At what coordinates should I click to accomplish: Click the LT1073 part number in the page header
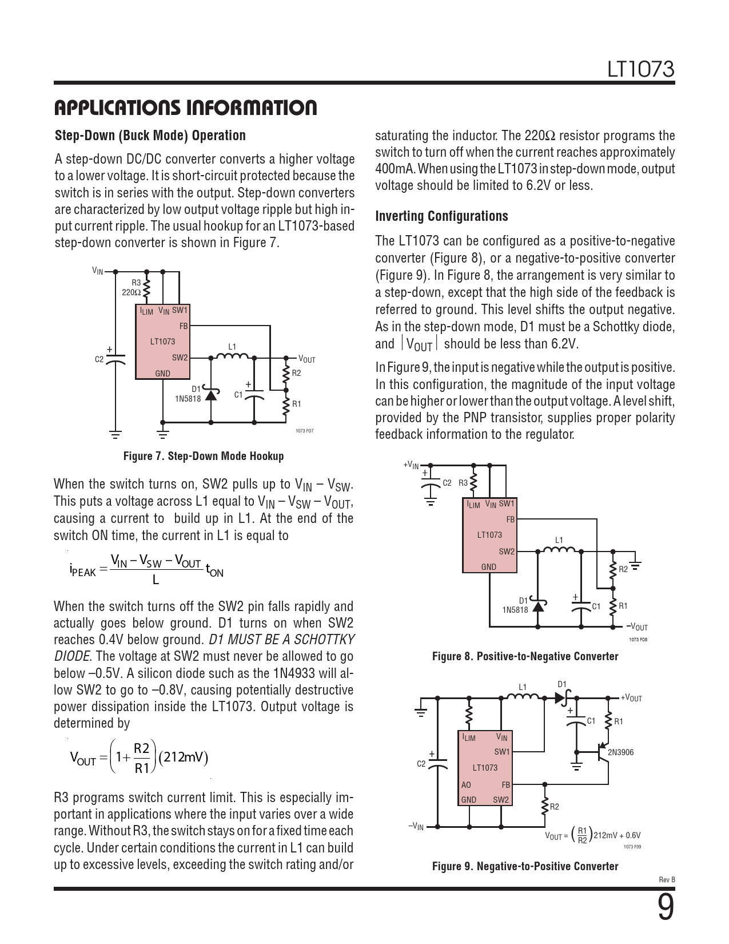640,70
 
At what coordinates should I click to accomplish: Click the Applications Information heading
185,108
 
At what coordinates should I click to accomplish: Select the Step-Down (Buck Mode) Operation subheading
150,136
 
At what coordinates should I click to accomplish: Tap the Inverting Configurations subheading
441,216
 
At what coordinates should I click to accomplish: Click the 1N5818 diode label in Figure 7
188,399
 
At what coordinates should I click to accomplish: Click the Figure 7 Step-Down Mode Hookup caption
204,456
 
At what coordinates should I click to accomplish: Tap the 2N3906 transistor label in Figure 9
620,752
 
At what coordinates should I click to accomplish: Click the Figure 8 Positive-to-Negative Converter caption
525,656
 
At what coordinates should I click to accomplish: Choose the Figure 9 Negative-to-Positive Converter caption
525,866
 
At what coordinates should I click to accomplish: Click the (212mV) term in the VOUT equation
184,757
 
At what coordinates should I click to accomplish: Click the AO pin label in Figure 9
466,785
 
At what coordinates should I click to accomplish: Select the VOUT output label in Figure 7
306,359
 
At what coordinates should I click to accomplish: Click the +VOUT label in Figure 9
631,698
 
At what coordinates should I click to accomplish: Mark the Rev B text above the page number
667,879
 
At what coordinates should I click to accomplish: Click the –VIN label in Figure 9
416,826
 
